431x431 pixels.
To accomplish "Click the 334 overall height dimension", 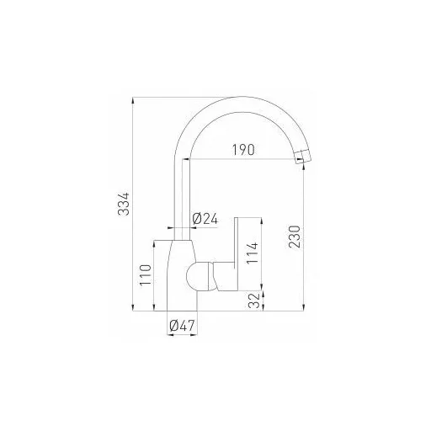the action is click(124, 204).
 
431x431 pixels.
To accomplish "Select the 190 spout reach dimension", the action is click(243, 150).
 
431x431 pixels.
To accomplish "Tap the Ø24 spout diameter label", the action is click(205, 219).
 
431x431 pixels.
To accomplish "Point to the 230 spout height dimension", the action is click(295, 237).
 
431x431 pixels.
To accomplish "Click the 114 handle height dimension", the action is click(253, 253).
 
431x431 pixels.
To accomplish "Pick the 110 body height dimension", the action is click(146, 275).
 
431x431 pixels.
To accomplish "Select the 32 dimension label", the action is click(255, 301).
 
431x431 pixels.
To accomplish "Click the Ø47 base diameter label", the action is click(182, 326).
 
